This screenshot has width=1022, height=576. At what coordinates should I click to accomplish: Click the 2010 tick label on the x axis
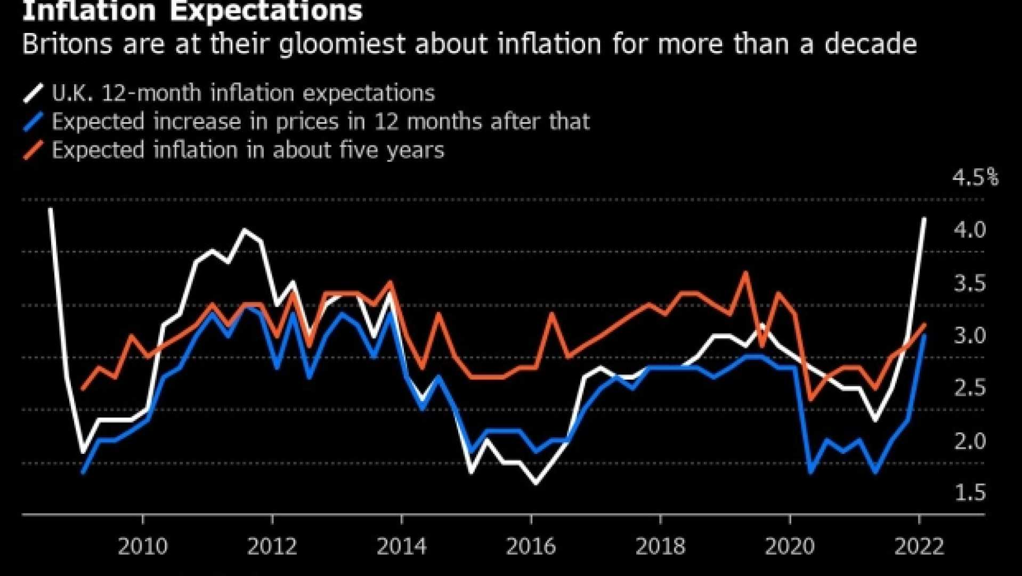click(x=142, y=547)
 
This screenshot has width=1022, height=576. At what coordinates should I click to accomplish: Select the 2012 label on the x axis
click(x=272, y=547)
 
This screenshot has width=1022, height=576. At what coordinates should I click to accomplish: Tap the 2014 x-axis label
click(x=401, y=547)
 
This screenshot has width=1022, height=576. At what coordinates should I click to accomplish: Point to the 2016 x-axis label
click(x=531, y=547)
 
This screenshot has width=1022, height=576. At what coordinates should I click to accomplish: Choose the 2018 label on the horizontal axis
click(x=660, y=547)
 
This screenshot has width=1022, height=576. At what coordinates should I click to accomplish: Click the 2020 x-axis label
click(x=790, y=547)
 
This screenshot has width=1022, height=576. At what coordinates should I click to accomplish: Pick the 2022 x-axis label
click(x=919, y=547)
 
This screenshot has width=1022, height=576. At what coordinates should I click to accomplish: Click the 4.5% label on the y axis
click(x=975, y=178)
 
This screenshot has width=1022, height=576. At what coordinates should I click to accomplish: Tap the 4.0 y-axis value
click(x=970, y=230)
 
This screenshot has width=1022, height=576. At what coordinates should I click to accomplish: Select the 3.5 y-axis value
click(x=970, y=283)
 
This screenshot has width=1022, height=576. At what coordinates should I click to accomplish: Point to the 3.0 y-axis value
click(x=970, y=336)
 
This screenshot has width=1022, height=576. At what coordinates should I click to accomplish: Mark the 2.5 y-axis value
click(x=970, y=388)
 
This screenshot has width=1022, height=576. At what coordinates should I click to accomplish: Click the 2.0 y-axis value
click(x=970, y=441)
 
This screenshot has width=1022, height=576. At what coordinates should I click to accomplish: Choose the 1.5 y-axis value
click(x=970, y=493)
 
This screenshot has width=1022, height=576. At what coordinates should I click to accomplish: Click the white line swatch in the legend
click(x=33, y=93)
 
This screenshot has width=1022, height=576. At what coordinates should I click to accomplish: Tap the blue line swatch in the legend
click(x=33, y=122)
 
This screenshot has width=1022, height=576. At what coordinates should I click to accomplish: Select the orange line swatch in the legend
click(x=33, y=150)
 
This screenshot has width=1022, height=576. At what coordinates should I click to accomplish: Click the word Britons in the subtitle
click(x=67, y=44)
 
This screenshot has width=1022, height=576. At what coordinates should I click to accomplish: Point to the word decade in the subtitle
click(x=870, y=44)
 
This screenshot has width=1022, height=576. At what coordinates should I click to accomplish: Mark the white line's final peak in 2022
click(x=924, y=219)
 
